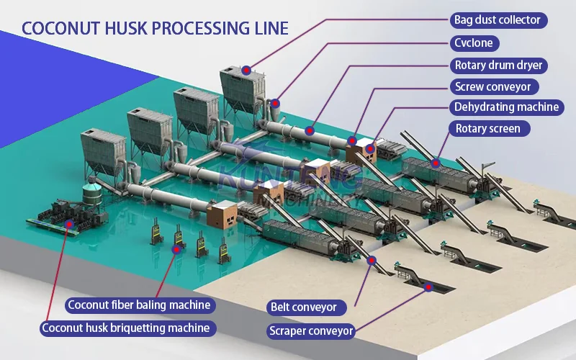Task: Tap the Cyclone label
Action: tap(473, 42)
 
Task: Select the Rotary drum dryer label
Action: tap(497, 65)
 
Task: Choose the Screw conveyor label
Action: tap(492, 86)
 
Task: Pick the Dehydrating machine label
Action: tap(505, 107)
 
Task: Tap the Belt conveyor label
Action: tap(302, 307)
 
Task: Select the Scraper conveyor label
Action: tap(311, 331)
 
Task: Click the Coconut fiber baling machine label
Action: tap(140, 305)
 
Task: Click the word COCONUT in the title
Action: tap(54, 28)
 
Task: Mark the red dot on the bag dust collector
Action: tap(246, 70)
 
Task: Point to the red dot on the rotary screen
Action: tap(435, 163)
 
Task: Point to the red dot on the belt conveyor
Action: tap(372, 260)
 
